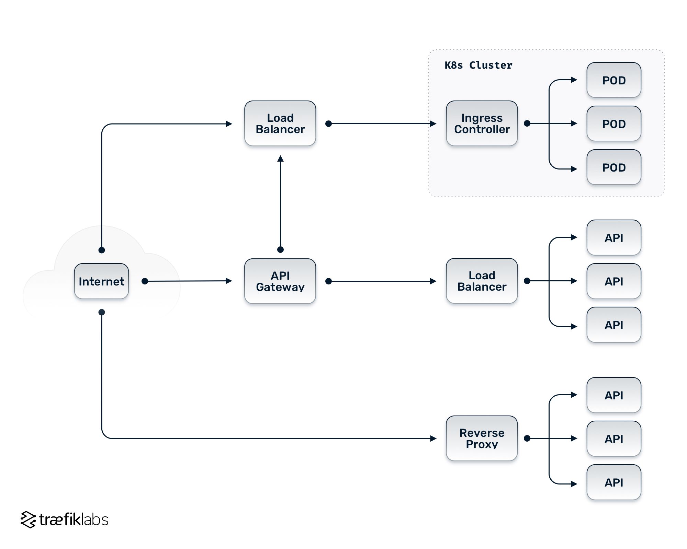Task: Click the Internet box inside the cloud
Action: [101, 281]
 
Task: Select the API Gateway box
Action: [280, 281]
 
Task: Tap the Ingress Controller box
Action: [482, 123]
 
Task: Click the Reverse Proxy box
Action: [482, 438]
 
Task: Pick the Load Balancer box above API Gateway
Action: [280, 123]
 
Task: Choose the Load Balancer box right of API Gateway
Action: [482, 281]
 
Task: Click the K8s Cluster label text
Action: [478, 65]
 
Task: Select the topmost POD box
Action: [613, 80]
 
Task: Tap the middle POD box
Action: [613, 124]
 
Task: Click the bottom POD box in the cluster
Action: [613, 167]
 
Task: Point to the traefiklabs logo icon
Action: [28, 519]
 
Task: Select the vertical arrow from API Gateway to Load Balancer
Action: [280, 202]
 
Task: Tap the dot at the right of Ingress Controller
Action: [527, 123]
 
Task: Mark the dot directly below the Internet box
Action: [102, 312]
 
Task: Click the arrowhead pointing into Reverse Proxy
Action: [433, 438]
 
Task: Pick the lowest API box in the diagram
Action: [613, 482]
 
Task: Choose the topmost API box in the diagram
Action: [613, 237]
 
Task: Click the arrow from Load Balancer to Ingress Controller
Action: [381, 124]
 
